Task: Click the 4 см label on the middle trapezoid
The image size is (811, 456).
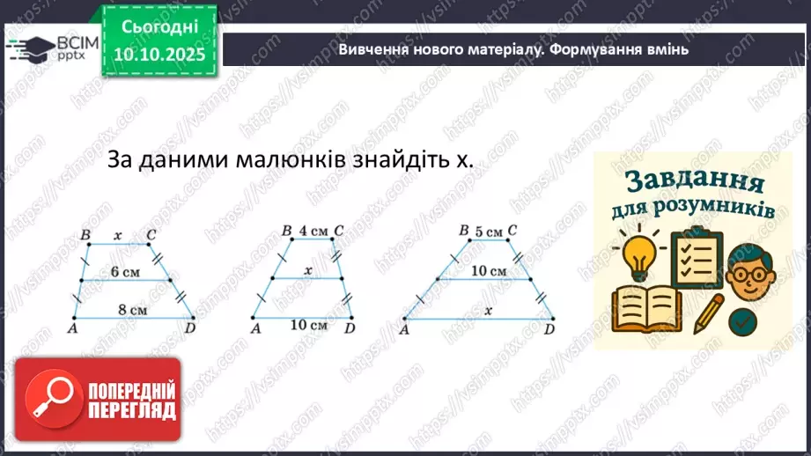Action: click(313, 232)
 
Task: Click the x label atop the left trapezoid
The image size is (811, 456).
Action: click(118, 235)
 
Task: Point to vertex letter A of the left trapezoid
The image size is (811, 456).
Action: click(71, 328)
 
